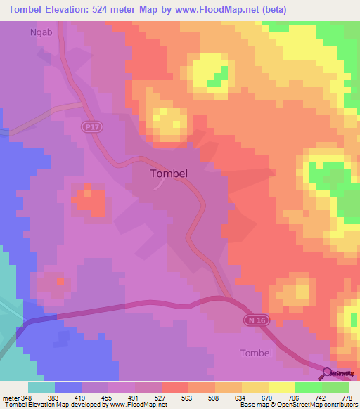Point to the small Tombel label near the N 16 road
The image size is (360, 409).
(x=255, y=352)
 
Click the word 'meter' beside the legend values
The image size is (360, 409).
(x=11, y=397)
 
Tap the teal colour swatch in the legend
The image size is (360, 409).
(x=41, y=387)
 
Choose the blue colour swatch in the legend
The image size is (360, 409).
(x=68, y=387)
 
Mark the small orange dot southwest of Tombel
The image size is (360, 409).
(x=61, y=281)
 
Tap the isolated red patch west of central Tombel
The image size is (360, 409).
(x=88, y=200)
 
